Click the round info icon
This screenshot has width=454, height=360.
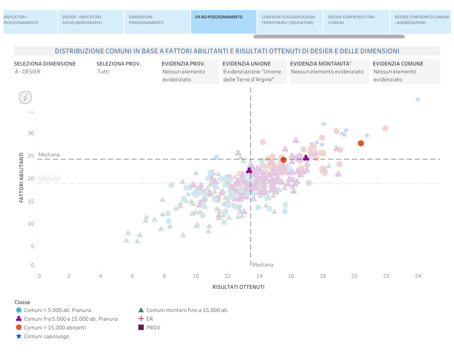(x=25, y=97)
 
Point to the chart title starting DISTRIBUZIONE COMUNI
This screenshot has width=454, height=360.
(x=227, y=51)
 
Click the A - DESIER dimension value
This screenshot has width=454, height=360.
(x=28, y=72)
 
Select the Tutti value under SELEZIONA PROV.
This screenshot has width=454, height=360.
(x=104, y=72)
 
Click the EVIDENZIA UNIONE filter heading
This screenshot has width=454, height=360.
(x=246, y=64)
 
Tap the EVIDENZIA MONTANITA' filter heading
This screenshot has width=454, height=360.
(x=321, y=64)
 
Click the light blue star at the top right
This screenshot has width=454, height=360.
(x=417, y=100)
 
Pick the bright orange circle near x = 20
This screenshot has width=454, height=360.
(x=361, y=143)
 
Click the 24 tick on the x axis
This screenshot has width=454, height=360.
(x=418, y=276)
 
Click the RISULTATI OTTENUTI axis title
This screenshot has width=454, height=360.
(x=238, y=287)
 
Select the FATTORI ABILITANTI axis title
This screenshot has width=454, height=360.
(x=21, y=177)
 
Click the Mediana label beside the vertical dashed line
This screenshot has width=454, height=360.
(x=263, y=265)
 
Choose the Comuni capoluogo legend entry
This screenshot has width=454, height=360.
(x=46, y=336)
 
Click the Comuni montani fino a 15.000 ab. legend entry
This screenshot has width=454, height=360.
(x=187, y=310)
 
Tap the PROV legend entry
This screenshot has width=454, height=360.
(x=153, y=328)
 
